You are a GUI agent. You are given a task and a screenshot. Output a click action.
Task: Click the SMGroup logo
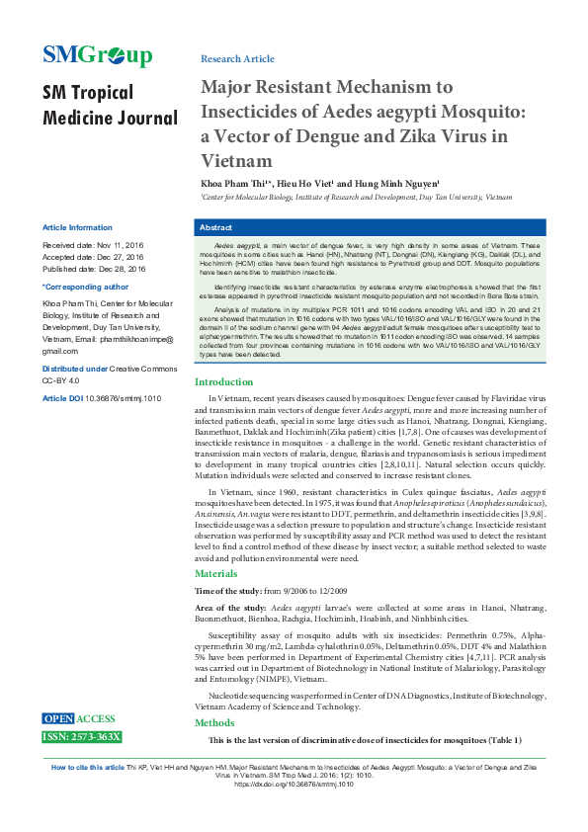coord(97,55)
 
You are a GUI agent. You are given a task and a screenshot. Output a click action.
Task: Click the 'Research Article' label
coord(237,59)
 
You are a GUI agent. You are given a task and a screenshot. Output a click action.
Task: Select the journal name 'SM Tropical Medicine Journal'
coord(109,106)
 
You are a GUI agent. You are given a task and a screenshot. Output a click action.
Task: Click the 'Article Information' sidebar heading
coord(77,227)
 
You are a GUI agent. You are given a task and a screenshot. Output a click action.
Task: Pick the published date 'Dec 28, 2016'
coord(121,269)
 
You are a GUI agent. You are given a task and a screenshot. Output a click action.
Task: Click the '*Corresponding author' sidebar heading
coord(86,287)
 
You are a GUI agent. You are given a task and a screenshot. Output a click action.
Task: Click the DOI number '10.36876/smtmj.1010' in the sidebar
coord(123,398)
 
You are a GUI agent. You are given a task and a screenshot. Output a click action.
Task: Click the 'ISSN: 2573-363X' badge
coord(81,737)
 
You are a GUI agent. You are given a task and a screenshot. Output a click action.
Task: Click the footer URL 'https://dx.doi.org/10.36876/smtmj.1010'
coord(294,784)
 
